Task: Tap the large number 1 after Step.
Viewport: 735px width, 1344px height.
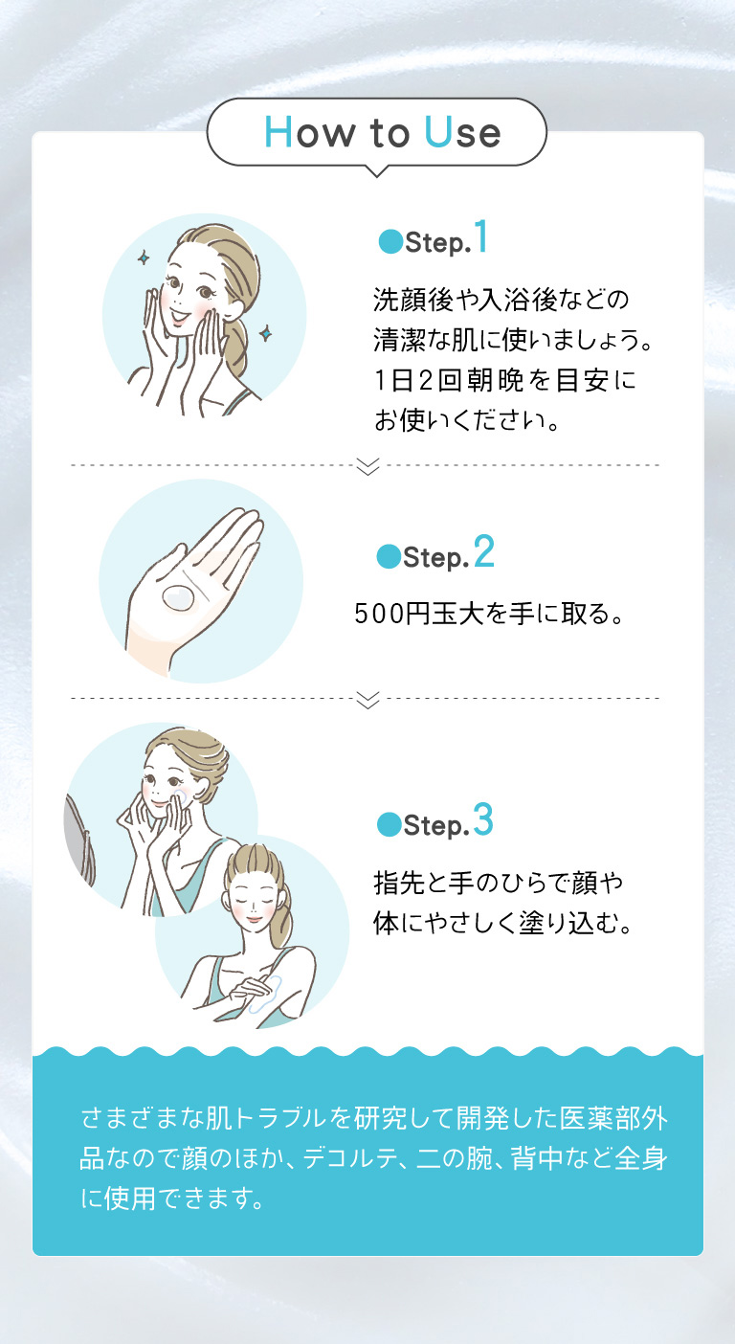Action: pyautogui.click(x=479, y=239)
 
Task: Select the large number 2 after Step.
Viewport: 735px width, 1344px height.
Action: pyautogui.click(x=482, y=553)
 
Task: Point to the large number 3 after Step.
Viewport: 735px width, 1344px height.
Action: pyautogui.click(x=482, y=821)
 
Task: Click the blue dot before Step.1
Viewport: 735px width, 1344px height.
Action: pyautogui.click(x=389, y=242)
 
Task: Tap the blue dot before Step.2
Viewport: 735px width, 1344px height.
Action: pyautogui.click(x=388, y=556)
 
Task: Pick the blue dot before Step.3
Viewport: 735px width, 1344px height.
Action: pyautogui.click(x=388, y=823)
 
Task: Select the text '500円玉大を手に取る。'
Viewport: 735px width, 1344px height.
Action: pyautogui.click(x=489, y=613)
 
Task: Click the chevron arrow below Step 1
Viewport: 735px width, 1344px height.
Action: pyautogui.click(x=367, y=466)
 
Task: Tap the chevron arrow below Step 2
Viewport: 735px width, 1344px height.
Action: pyautogui.click(x=367, y=700)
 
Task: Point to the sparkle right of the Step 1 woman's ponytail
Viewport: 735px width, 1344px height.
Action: pyautogui.click(x=266, y=332)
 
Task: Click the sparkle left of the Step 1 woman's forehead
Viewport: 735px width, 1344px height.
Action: pyautogui.click(x=144, y=257)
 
